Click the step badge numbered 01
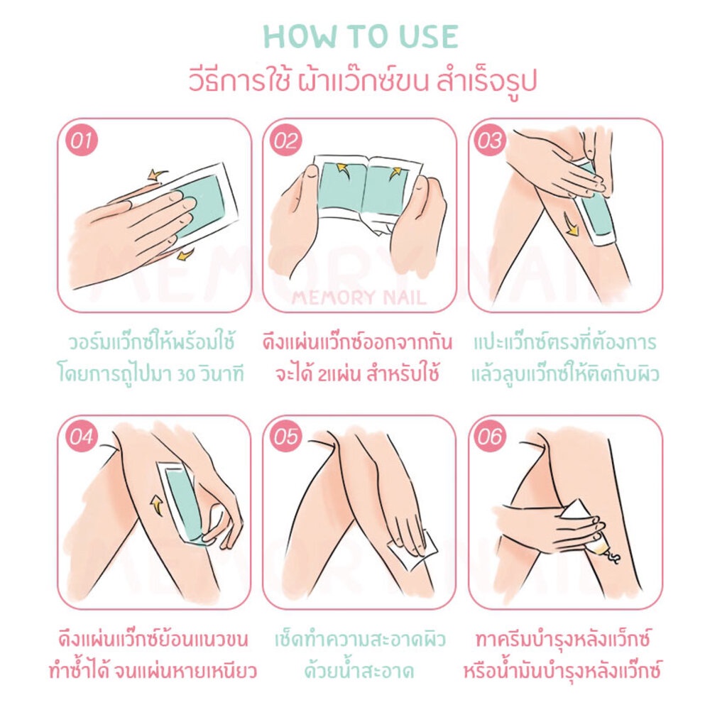click(x=82, y=140)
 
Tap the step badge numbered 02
click(x=285, y=140)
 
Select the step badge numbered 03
click(x=490, y=140)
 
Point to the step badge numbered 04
click(x=82, y=437)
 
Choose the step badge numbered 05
click(x=285, y=437)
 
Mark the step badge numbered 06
click(x=490, y=437)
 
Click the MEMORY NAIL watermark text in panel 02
click(x=359, y=297)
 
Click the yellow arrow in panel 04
click(x=157, y=505)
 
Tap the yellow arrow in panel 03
click(x=570, y=225)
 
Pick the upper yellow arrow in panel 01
click(x=158, y=175)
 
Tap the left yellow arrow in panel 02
click(x=342, y=168)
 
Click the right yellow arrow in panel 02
click(x=395, y=173)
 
